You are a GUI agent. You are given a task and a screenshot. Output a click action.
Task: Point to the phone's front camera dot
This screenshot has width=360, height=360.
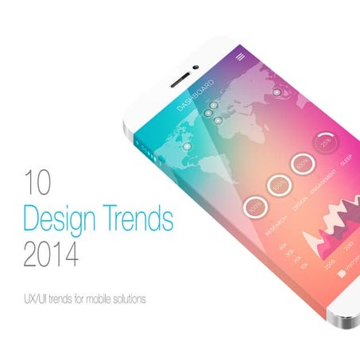pos(195,67)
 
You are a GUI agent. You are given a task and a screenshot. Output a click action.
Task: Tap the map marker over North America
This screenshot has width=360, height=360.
pos(187,146)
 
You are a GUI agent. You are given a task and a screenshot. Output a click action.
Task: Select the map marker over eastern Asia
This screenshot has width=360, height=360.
pos(275,93)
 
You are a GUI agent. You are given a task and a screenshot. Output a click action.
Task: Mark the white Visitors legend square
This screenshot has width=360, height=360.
pos(341,273)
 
